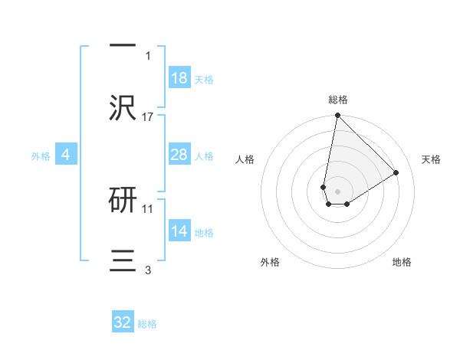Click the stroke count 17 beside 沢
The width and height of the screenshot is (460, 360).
[x=148, y=117]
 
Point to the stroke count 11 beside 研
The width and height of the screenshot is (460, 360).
[x=148, y=208]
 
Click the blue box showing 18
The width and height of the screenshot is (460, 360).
[x=179, y=78]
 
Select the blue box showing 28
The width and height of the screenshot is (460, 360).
[x=179, y=155]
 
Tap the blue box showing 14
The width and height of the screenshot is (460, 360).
[x=179, y=231]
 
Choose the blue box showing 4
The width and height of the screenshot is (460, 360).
[x=66, y=155]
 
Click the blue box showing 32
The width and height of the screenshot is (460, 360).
[x=123, y=322]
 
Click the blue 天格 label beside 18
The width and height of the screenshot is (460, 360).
[x=204, y=80]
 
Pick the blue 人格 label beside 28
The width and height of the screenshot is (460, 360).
[x=204, y=156]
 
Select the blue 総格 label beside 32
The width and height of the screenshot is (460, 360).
[x=147, y=324]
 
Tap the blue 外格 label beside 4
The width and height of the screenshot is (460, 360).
[x=41, y=156]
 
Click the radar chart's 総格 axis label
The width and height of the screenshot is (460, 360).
[x=338, y=100]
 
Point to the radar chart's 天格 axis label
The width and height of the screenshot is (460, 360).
[x=431, y=159]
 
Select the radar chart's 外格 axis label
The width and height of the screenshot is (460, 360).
[x=270, y=262]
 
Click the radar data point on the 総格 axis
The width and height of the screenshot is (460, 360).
[x=337, y=116]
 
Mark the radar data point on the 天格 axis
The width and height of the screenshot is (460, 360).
[x=396, y=172]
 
